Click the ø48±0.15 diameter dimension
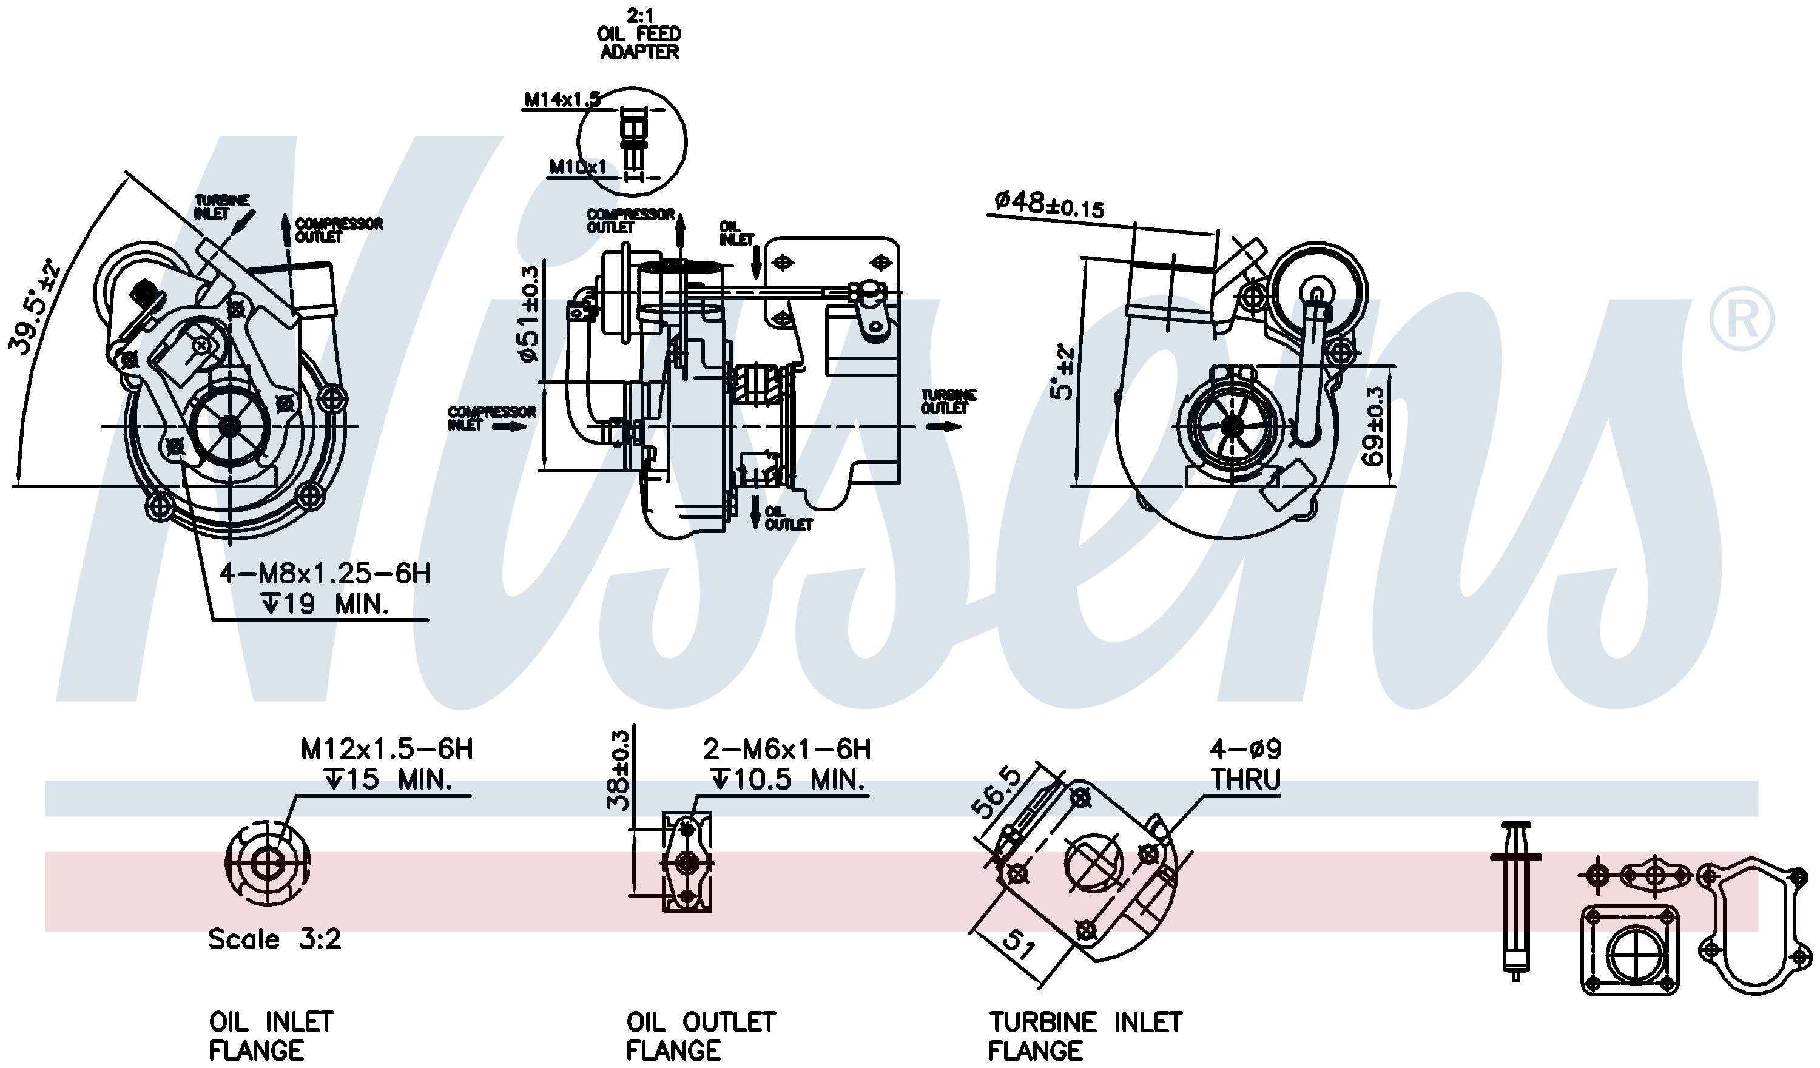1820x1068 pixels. (1049, 204)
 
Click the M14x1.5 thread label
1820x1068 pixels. (562, 99)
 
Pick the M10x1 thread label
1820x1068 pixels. (578, 167)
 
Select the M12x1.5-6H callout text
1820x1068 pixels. (386, 750)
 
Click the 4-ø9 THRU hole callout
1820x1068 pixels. (1246, 764)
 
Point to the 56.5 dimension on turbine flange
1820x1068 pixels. (997, 793)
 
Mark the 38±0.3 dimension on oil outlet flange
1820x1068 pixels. (619, 770)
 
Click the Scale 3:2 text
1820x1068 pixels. (274, 939)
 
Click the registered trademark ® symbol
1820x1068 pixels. (1741, 318)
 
